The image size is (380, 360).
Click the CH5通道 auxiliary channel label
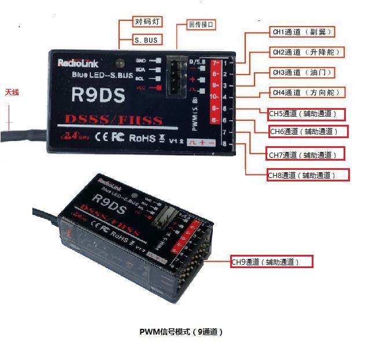point(307,114)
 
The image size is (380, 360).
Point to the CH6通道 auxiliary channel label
point(309,132)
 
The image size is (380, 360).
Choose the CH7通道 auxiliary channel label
point(305,154)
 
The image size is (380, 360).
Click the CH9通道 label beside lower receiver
point(272,262)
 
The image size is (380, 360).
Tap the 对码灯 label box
point(147,22)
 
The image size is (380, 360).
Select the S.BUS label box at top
point(147,40)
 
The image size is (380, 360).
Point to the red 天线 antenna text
point(12,92)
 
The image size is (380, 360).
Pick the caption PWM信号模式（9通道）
point(181,332)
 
